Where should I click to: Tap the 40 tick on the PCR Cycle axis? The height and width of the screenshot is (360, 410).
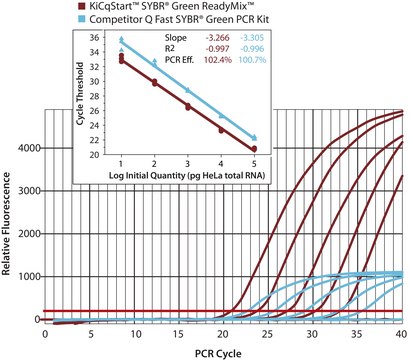click(401, 333)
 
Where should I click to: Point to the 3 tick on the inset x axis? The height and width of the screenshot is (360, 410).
click(187, 162)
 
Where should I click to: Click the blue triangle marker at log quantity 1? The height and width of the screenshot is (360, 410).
click(121, 41)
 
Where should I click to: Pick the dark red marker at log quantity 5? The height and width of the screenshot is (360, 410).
click(254, 148)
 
